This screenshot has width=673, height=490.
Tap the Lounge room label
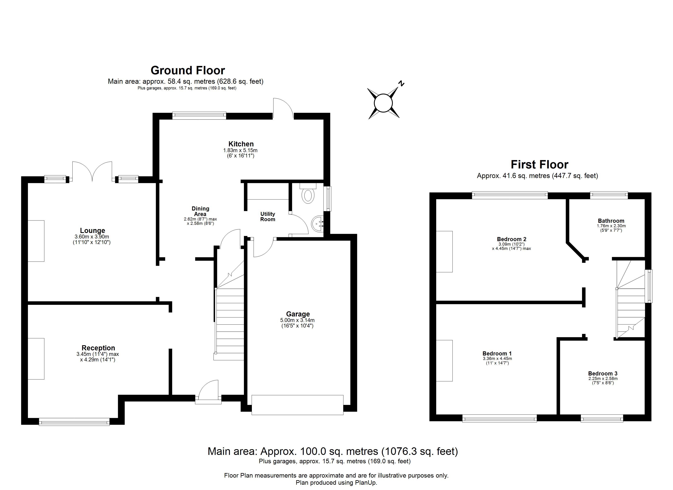coord(93,231)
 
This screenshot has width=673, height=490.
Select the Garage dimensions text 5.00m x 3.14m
coord(297,320)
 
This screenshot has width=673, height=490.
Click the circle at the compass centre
coord(383,103)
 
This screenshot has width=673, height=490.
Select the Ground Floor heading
coord(188,70)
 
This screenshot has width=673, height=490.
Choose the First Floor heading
coord(539,164)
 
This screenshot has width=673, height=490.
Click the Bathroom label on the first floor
coord(611,221)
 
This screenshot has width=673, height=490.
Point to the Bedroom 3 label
coord(603,373)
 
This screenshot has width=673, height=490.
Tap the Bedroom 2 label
coord(511,239)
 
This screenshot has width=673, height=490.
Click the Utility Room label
coord(268,217)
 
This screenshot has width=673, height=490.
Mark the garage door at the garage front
coord(297,405)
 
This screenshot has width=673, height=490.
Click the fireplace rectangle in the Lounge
coord(36,241)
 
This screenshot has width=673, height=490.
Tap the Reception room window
coord(74,422)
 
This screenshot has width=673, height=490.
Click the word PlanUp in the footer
coord(366,483)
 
